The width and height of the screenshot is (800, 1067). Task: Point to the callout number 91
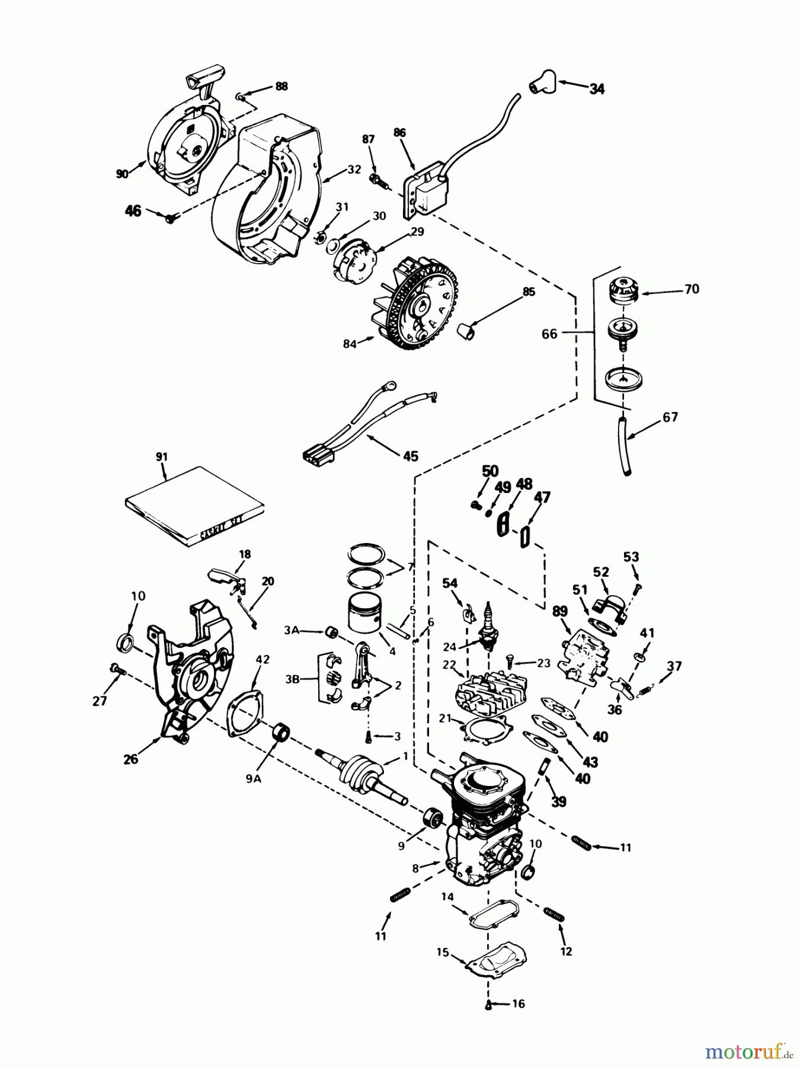pos(162,457)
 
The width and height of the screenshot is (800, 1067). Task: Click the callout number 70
pos(692,289)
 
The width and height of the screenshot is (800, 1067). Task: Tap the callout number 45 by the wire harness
pos(410,456)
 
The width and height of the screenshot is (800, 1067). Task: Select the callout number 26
pos(130,758)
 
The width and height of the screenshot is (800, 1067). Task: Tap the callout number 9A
pos(254,780)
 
